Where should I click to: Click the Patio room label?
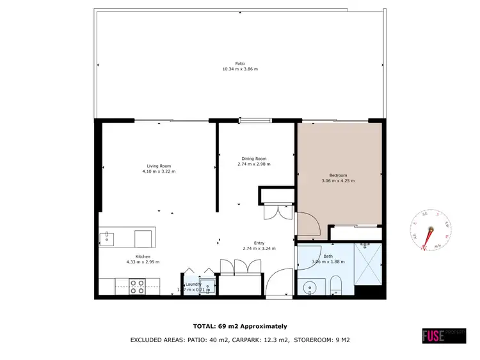click(240, 63)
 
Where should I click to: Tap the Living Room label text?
click(158, 166)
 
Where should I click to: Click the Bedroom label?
click(338, 175)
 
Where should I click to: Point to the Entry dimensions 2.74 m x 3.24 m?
click(259, 248)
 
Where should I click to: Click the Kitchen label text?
click(143, 256)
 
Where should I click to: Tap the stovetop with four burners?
click(137, 286)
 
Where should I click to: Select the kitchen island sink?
click(106, 239)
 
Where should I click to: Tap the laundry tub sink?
click(205, 286)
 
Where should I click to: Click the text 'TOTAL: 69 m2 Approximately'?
click(240, 326)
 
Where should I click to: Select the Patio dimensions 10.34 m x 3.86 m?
click(240, 69)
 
